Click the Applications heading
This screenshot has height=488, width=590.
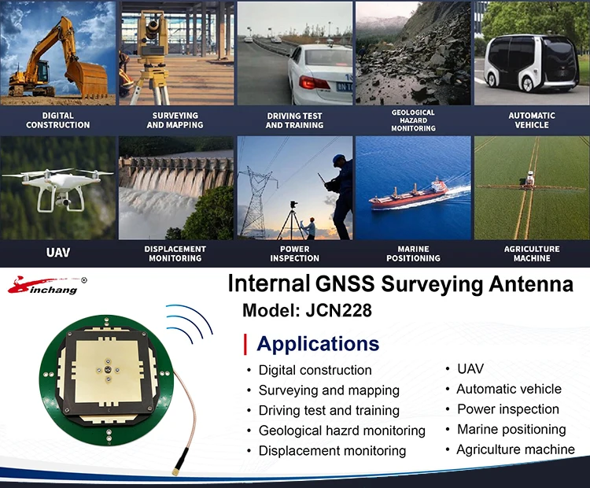tap(318, 344)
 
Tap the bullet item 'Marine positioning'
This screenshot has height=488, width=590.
tap(511, 429)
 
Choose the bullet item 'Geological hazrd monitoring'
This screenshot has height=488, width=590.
tap(341, 431)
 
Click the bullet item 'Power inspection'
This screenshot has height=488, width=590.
tap(508, 409)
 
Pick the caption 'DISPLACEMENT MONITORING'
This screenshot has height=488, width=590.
tap(175, 253)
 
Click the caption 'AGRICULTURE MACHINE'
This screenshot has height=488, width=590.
tap(532, 253)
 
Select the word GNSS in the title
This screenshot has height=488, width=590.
tap(346, 283)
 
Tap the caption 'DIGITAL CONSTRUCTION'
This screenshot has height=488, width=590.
tap(58, 120)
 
